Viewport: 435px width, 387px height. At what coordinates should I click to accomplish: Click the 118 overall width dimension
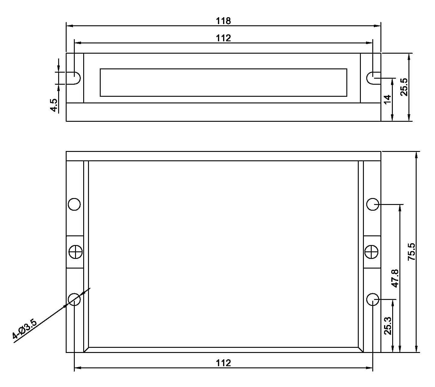pyautogui.click(x=223, y=21)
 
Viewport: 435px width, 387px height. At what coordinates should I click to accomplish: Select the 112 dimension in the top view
pyautogui.click(x=223, y=38)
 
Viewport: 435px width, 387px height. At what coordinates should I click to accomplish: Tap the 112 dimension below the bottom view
pyautogui.click(x=223, y=363)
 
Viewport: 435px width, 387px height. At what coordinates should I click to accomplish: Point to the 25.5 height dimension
pyautogui.click(x=404, y=87)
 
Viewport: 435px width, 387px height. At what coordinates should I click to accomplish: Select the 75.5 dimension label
pyautogui.click(x=411, y=252)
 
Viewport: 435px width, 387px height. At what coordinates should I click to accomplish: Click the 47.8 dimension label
pyautogui.click(x=395, y=278)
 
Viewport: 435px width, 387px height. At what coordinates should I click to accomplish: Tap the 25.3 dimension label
pyautogui.click(x=388, y=326)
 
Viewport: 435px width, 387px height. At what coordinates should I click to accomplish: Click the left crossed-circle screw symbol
pyautogui.click(x=75, y=252)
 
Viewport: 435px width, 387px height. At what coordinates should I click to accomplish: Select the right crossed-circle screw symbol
pyautogui.click(x=371, y=252)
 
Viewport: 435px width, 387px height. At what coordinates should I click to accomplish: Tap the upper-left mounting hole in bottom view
pyautogui.click(x=74, y=204)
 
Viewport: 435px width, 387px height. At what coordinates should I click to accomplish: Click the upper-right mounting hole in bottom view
pyautogui.click(x=373, y=204)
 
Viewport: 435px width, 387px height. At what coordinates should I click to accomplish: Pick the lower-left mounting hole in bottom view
pyautogui.click(x=74, y=299)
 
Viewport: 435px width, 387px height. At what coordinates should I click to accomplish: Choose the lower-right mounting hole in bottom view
pyautogui.click(x=373, y=299)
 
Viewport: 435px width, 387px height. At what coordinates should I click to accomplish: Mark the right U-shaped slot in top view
pyautogui.click(x=372, y=78)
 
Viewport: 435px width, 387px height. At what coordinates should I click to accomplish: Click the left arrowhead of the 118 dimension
pyautogui.click(x=69, y=26)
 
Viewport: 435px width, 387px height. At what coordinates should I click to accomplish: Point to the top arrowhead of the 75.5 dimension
pyautogui.click(x=416, y=155)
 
